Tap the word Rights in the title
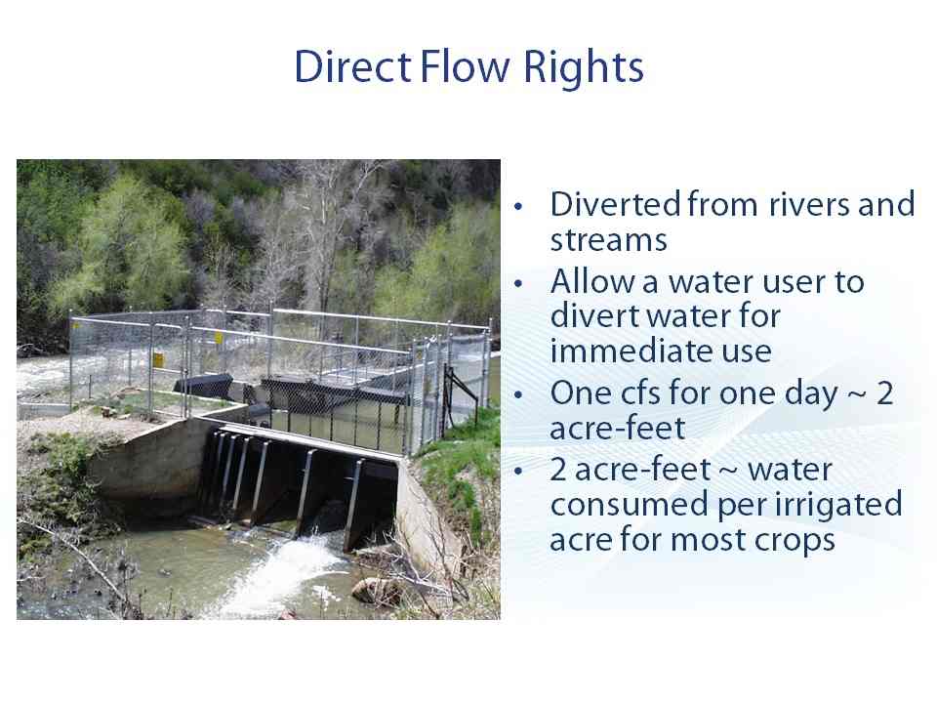(x=584, y=68)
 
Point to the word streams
(x=608, y=240)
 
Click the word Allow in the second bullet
(x=592, y=281)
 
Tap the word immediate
(x=632, y=351)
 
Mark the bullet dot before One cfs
(x=518, y=394)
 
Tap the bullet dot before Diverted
(x=518, y=206)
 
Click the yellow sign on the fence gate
(x=158, y=359)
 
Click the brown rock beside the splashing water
(x=375, y=590)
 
